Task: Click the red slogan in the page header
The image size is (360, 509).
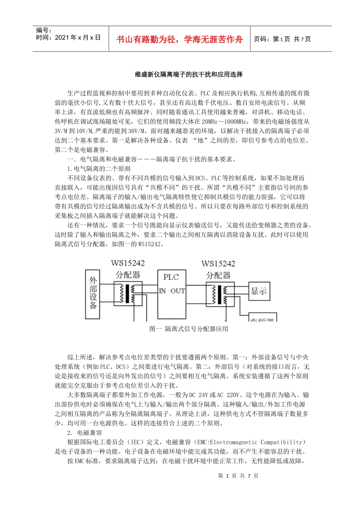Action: point(179,39)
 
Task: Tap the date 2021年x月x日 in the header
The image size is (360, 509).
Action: point(78,37)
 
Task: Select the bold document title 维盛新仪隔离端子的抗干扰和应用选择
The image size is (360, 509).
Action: point(189,75)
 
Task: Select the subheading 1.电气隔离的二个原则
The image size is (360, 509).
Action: point(99,169)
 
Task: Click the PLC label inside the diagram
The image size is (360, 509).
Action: point(171,277)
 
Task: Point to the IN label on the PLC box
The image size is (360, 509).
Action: point(162,291)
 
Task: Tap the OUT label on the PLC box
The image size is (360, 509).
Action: point(177,291)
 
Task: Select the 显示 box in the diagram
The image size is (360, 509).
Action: point(259,291)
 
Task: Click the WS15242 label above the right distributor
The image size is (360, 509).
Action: point(218,264)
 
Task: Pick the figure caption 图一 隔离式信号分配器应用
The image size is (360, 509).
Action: point(189,329)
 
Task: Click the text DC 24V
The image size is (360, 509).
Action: point(198,395)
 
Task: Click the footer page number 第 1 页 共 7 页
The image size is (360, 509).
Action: point(238,476)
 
